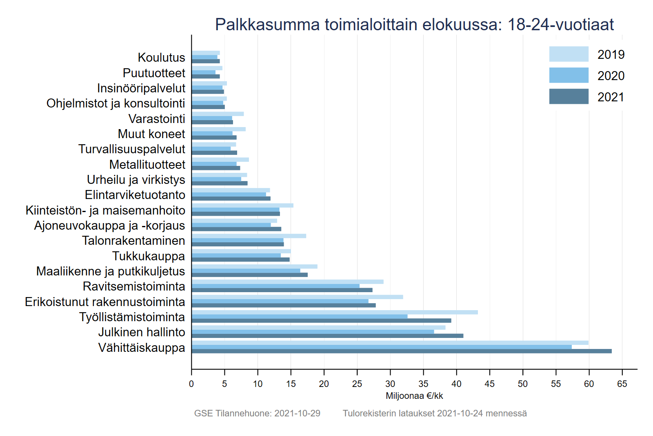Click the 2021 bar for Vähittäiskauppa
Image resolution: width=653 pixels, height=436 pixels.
point(401,351)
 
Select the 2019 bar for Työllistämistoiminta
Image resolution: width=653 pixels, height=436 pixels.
point(334,312)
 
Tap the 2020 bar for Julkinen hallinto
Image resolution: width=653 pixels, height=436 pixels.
point(313,332)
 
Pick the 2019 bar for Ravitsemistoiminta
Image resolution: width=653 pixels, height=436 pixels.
point(287,282)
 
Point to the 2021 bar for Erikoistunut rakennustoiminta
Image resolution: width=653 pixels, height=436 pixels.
point(283,305)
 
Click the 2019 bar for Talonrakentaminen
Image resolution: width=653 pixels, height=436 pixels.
point(249,236)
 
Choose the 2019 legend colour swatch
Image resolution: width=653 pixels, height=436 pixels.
point(569,54)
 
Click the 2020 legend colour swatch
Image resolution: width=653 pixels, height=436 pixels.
point(569,75)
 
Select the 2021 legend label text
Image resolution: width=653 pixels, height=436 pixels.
point(611,97)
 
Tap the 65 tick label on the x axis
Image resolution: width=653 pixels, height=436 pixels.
point(622,384)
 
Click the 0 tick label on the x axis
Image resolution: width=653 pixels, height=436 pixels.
point(191,384)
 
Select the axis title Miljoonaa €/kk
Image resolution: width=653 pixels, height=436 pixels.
point(414,396)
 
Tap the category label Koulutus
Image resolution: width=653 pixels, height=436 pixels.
point(162,57)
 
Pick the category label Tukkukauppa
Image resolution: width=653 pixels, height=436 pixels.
point(149,256)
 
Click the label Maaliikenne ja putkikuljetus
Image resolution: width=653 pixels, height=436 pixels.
point(111,271)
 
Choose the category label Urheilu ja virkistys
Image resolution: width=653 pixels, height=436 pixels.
point(136,180)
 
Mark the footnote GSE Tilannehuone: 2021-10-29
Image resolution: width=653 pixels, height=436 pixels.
point(257,413)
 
